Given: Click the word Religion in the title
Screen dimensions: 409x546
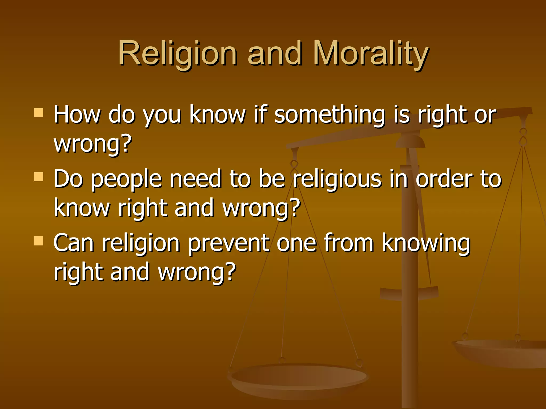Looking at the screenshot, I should point(177,53).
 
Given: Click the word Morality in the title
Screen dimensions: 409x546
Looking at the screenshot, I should point(371,53).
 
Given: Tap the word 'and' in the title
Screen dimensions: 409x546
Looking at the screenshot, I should point(275,53).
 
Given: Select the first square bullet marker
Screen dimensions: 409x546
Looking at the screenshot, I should point(39,113).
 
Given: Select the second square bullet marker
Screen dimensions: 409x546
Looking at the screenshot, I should point(39,177).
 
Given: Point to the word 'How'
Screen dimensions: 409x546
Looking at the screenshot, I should point(77,115).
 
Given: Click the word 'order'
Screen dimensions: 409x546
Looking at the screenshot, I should point(444,179).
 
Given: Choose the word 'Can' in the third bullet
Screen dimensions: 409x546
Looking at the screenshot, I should point(74,243).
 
